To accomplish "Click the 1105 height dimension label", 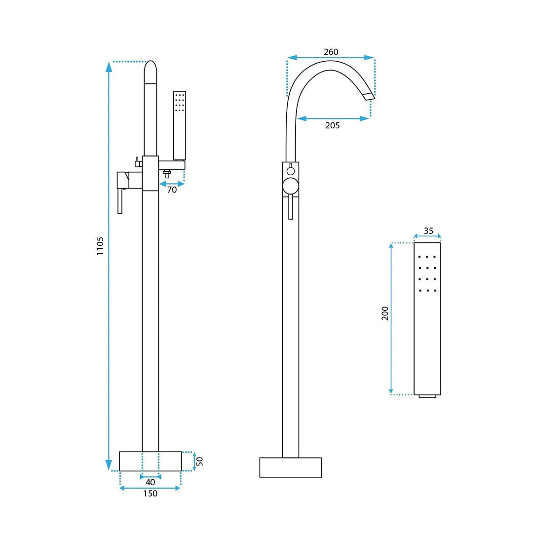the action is click(100, 246).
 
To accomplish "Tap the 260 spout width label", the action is click(331, 52).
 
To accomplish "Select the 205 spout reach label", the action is click(333, 125).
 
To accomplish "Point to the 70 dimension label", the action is click(172, 190).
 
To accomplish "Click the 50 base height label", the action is click(200, 461).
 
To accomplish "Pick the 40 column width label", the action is click(150, 482).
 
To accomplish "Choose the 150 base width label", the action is click(150, 493).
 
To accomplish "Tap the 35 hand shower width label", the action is click(429, 231).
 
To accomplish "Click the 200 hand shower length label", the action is click(385, 313).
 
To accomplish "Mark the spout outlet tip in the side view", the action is click(369, 96).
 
